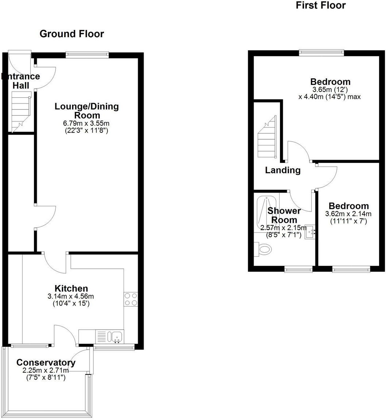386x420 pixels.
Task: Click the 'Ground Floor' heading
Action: tap(71, 34)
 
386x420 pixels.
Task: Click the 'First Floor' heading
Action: tap(321, 5)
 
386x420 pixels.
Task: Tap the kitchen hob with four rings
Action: tap(131, 299)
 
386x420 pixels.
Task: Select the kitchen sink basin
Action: tap(117, 337)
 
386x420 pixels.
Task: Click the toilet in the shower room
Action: tap(264, 249)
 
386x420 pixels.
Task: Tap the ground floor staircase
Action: tap(20, 111)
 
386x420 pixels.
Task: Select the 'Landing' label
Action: tap(283, 170)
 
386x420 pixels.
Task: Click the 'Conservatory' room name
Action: tap(46, 363)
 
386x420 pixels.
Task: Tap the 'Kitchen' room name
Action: tap(71, 288)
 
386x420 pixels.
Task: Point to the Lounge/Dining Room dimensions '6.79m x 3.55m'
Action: tap(87, 123)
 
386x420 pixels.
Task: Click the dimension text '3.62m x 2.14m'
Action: tap(348, 214)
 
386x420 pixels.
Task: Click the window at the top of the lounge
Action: tap(87, 55)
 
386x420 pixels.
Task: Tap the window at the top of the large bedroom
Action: tap(321, 52)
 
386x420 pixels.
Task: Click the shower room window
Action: tap(299, 269)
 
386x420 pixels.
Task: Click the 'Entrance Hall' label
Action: tap(21, 81)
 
